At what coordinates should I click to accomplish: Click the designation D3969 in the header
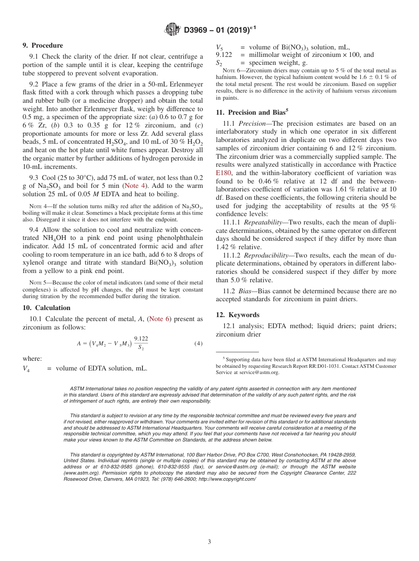point(200,30)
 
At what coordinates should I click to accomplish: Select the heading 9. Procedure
point(43,45)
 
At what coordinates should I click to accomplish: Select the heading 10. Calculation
point(46,308)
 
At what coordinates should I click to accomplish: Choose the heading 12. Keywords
point(238,315)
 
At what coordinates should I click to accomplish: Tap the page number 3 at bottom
point(209,542)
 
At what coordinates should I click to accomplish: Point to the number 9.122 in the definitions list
point(224,55)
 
